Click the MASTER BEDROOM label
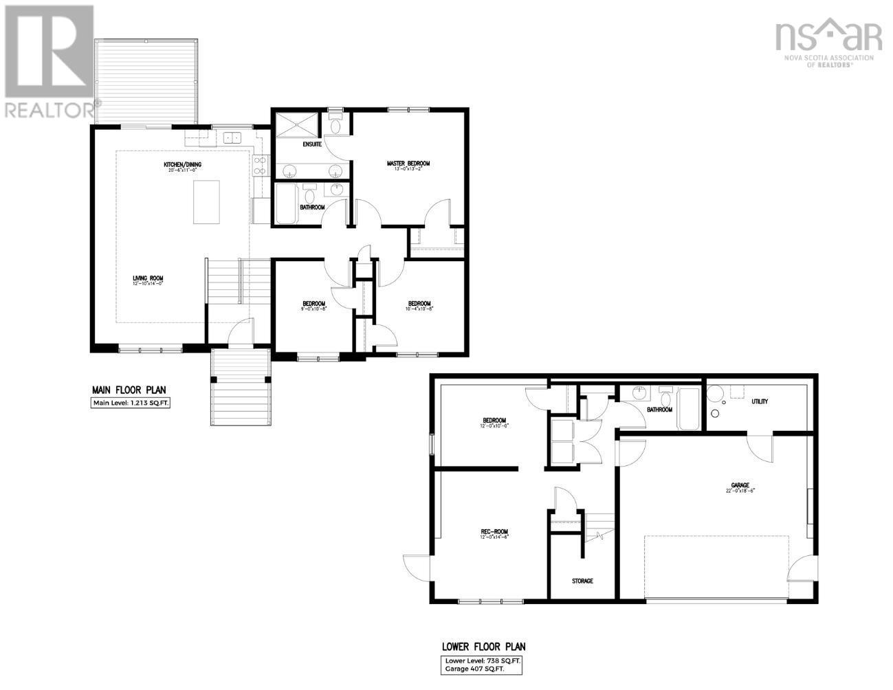pos(408,164)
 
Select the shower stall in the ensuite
pos(298,124)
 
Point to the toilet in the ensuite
pos(335,124)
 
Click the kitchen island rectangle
pos(206,202)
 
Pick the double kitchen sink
pos(232,137)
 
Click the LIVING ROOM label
pos(148,278)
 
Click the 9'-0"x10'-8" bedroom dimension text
pos(313,309)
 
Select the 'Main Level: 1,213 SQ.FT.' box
pos(130,403)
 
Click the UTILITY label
pos(760,401)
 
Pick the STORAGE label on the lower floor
pos(582,581)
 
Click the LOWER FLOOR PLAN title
pos(483,647)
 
